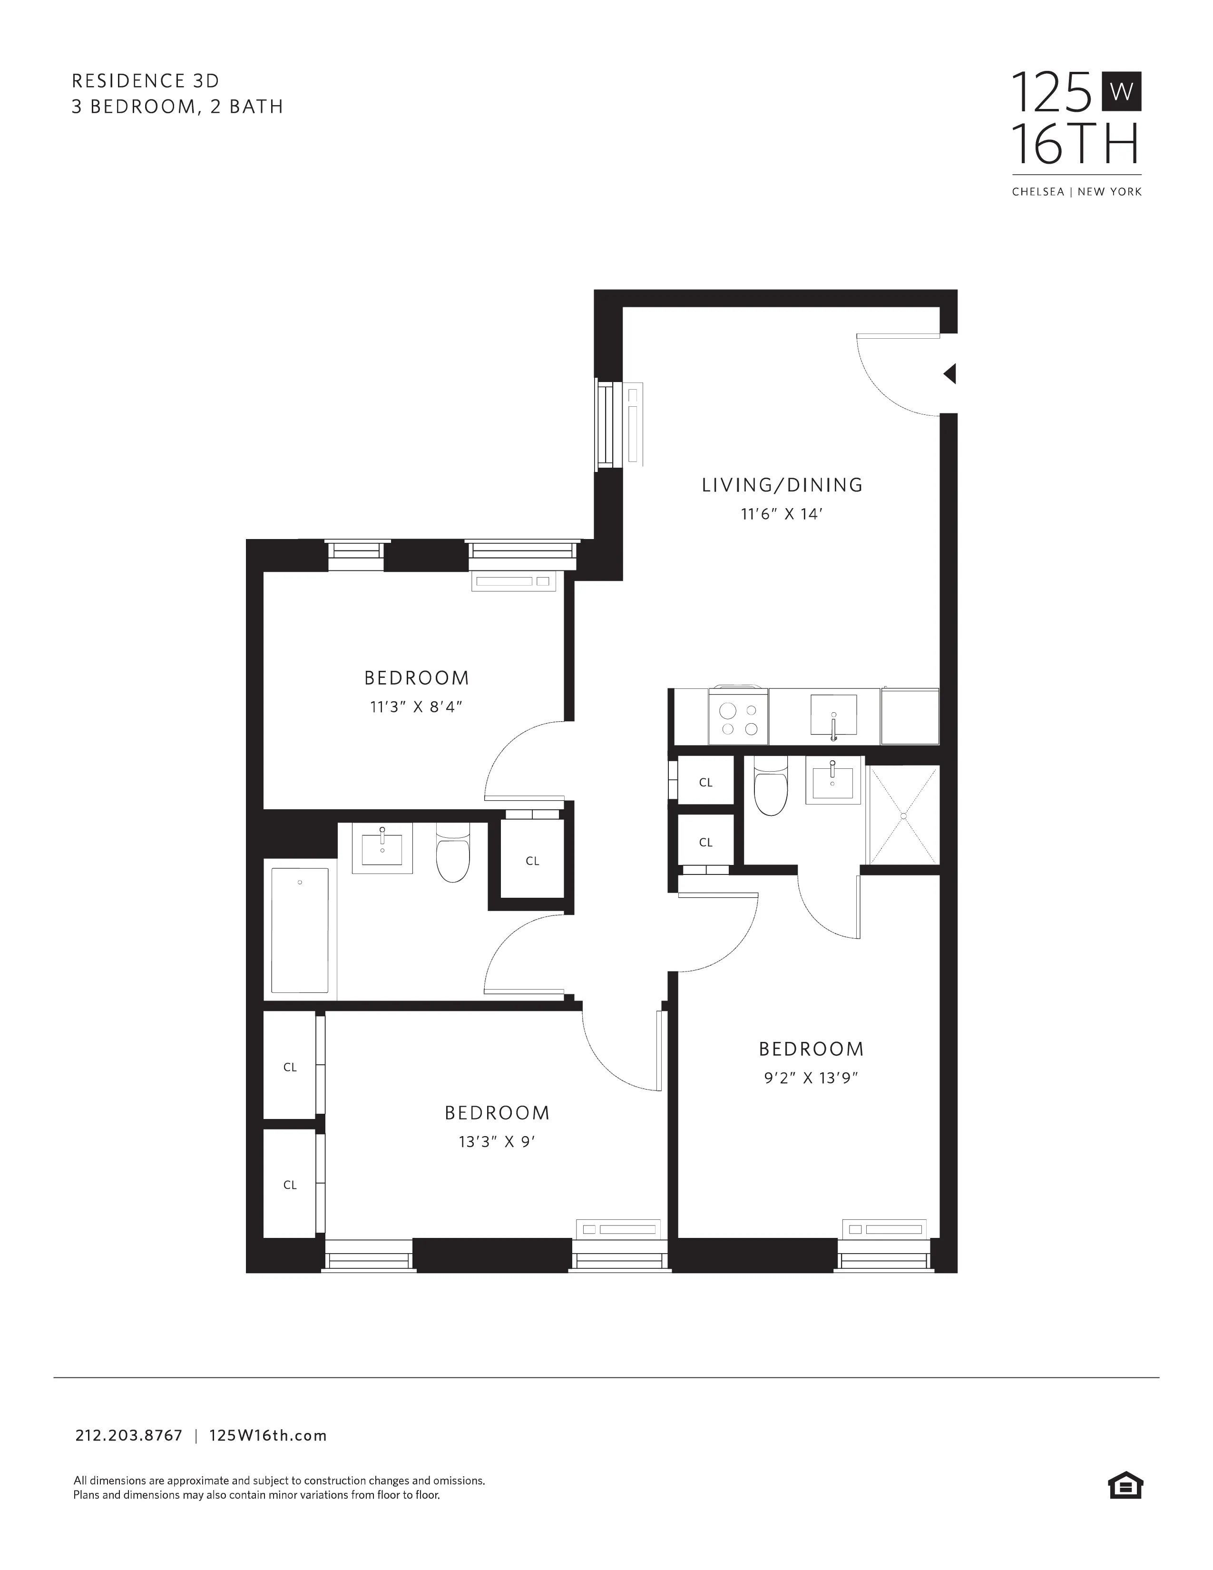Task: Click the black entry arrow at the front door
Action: [x=950, y=374]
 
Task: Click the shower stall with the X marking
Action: [x=903, y=814]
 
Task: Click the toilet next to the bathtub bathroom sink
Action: [x=453, y=854]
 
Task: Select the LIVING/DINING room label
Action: [x=782, y=485]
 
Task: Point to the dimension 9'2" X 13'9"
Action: [x=812, y=1078]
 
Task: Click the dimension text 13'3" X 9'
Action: [x=497, y=1142]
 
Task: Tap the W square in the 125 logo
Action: [x=1121, y=92]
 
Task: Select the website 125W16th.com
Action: [x=268, y=1435]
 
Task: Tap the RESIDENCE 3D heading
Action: [x=145, y=80]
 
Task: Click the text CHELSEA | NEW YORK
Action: [x=1076, y=192]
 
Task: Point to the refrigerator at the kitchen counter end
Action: [x=910, y=716]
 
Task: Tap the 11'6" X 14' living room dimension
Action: [x=781, y=515]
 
